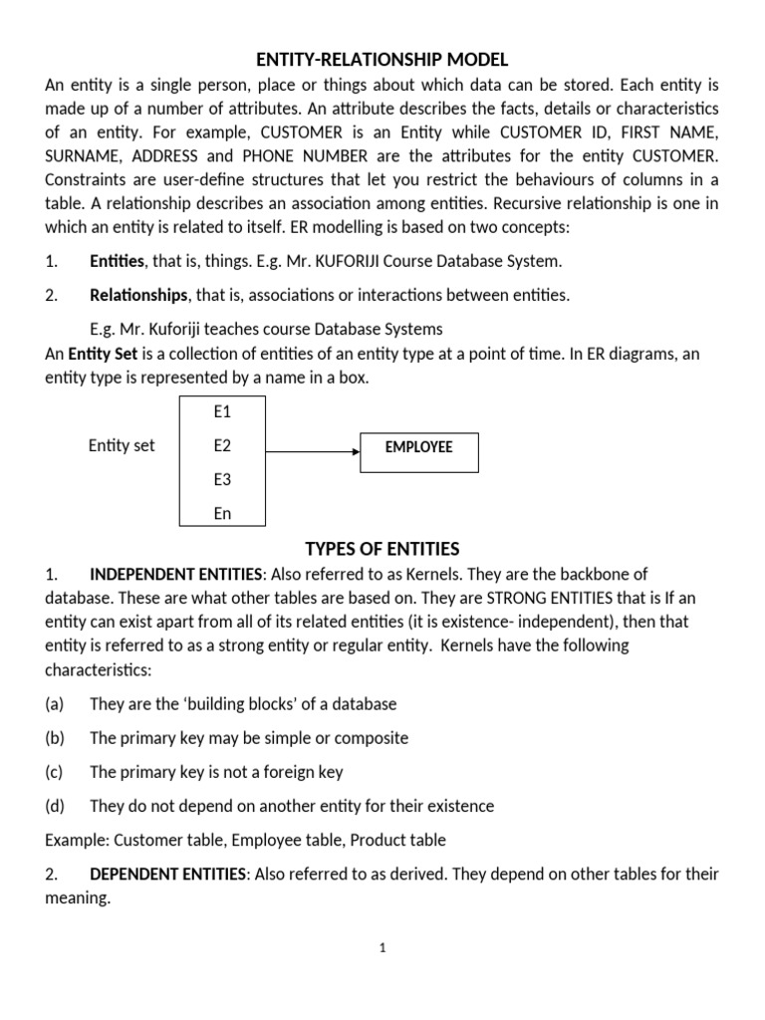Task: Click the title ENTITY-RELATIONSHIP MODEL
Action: coord(382,60)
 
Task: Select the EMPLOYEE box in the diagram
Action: coord(418,448)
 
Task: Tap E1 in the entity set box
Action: coord(222,410)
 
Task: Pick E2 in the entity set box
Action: coord(222,446)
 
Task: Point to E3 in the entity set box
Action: coord(222,480)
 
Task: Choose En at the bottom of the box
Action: coord(222,514)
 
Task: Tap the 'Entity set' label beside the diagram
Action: coord(122,446)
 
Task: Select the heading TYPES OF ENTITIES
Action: coord(382,549)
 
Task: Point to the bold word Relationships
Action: coord(138,295)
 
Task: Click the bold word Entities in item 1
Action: coord(118,262)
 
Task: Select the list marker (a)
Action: coord(55,704)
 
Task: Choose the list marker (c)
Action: coord(54,772)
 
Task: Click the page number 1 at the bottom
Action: coord(382,949)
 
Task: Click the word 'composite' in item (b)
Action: coord(374,738)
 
